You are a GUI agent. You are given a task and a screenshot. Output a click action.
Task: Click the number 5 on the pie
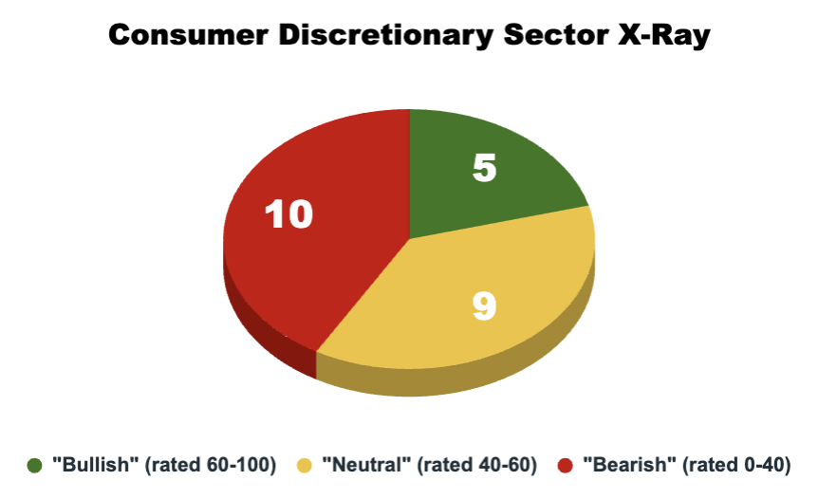[485, 169]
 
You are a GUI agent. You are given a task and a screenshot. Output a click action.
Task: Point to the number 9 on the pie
[484, 306]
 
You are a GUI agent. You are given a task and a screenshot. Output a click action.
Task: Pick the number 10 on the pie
[288, 214]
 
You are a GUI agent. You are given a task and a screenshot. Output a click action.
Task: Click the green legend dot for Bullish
[36, 465]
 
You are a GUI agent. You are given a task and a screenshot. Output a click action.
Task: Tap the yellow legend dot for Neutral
[306, 465]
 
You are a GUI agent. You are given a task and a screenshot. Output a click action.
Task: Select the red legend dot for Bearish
[564, 465]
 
